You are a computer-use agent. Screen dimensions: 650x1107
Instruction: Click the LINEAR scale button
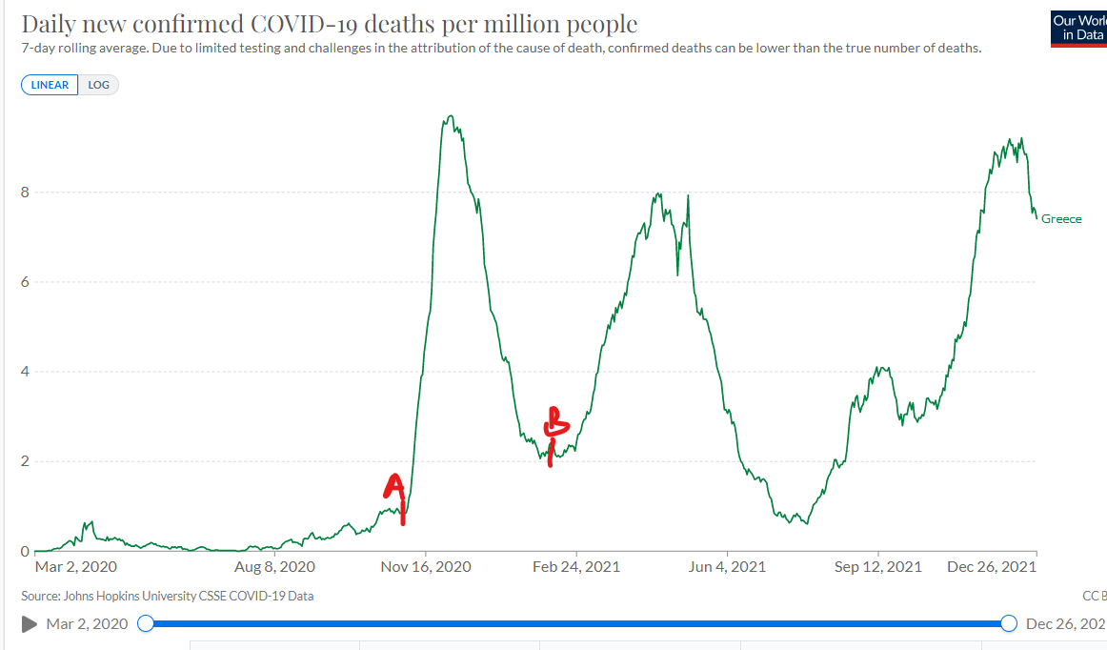point(50,85)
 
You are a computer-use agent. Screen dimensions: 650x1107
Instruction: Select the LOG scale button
point(99,85)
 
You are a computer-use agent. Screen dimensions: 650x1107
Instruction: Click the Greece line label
point(1061,219)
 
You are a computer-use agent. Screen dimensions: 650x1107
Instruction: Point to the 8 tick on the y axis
point(26,193)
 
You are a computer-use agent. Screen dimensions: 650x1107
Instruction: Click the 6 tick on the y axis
point(26,282)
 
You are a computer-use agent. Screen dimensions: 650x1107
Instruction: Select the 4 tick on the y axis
point(26,372)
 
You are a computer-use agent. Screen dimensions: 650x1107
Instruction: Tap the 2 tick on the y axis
point(26,461)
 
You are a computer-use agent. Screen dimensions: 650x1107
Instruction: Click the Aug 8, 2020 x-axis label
point(274,567)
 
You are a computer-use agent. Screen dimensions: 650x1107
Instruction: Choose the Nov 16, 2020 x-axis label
point(426,567)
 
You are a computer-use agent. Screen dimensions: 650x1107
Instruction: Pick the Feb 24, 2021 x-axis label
point(575,567)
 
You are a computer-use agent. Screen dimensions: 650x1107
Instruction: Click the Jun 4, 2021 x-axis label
point(726,567)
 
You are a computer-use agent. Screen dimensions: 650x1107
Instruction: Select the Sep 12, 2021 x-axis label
point(877,567)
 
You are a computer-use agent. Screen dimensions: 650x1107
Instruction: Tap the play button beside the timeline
point(30,623)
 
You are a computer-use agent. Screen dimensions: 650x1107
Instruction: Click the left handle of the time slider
point(146,623)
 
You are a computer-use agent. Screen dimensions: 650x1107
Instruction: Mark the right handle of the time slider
point(1010,623)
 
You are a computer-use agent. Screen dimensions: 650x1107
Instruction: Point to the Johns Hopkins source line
point(167,596)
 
